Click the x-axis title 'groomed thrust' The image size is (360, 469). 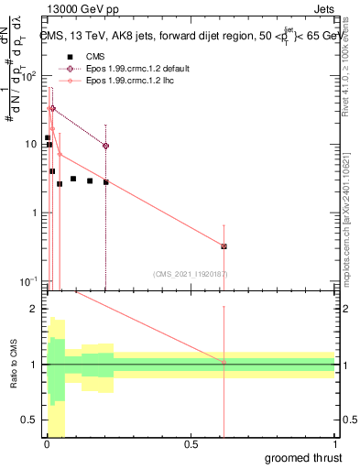click(x=304, y=457)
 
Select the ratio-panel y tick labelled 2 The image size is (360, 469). click(x=34, y=309)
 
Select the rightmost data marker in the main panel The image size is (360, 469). click(x=224, y=246)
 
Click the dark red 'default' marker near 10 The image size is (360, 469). click(x=106, y=146)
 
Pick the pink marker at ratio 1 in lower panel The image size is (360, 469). click(x=224, y=363)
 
